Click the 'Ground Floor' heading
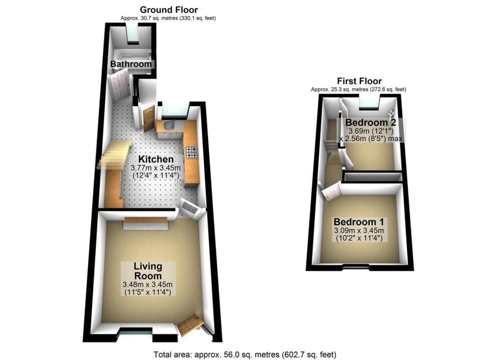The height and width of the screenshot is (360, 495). point(169,10)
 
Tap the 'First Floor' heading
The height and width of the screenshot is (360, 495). point(359,81)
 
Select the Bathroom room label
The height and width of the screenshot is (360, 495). point(131,64)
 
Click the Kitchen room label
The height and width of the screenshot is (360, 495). point(156,159)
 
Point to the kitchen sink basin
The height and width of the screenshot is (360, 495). point(169,127)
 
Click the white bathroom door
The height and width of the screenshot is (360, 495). point(119,84)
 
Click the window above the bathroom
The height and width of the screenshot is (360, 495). point(132,33)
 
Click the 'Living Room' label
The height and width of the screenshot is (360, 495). point(148,271)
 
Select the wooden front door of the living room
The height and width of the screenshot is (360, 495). point(190,325)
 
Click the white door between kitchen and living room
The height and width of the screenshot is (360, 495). point(191,208)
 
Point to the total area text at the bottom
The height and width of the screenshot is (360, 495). point(245,354)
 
